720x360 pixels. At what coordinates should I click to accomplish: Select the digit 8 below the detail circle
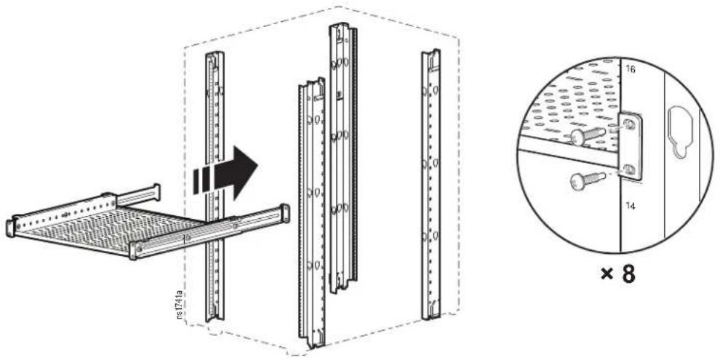tap(628, 274)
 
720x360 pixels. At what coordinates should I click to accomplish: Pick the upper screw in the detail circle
tap(588, 135)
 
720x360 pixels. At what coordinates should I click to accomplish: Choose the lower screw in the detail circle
tap(588, 179)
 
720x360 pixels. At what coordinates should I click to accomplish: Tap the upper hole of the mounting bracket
tap(631, 124)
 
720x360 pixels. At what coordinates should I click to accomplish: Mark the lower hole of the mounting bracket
tap(631, 169)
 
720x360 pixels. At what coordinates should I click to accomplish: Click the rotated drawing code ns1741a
tap(180, 304)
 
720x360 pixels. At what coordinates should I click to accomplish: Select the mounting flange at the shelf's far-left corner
tap(10, 228)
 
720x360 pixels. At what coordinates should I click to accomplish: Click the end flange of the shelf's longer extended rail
tap(284, 213)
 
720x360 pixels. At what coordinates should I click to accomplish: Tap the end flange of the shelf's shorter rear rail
tap(156, 192)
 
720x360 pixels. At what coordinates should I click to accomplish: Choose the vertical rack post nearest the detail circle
tap(431, 185)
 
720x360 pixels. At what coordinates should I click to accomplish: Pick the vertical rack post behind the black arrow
tap(215, 186)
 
